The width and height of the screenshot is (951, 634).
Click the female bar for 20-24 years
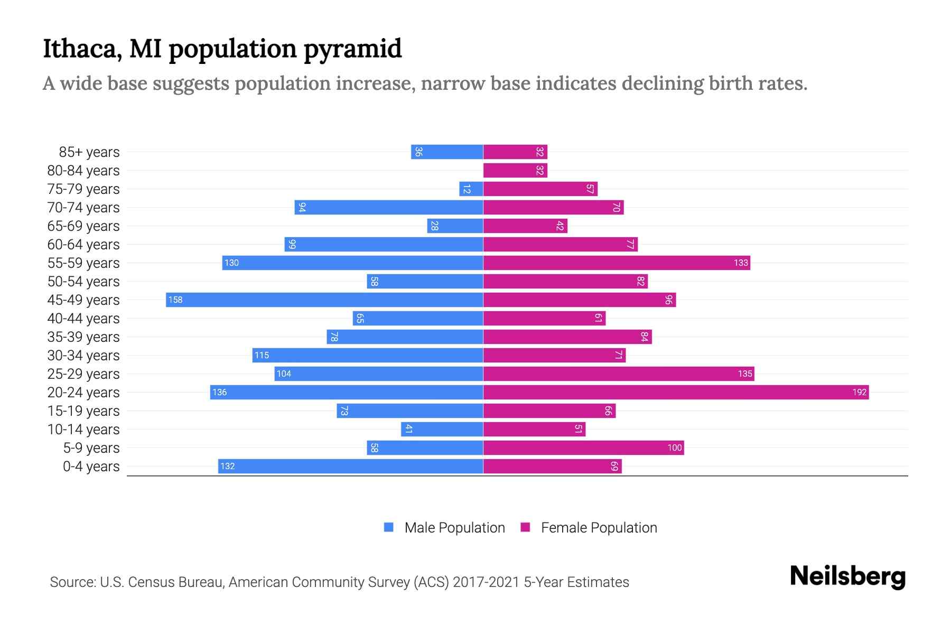pyautogui.click(x=676, y=392)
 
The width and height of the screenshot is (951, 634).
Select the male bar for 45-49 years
pyautogui.click(x=324, y=300)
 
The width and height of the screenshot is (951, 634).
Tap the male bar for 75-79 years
pyautogui.click(x=471, y=189)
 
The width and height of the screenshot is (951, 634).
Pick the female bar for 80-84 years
pyautogui.click(x=515, y=170)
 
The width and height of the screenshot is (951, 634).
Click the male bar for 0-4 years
pyautogui.click(x=350, y=466)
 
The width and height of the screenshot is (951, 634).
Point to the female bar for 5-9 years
pyautogui.click(x=583, y=447)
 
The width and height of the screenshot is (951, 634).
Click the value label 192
pyautogui.click(x=859, y=392)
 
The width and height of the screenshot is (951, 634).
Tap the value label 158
pyautogui.click(x=175, y=300)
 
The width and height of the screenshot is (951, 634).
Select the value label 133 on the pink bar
pyautogui.click(x=741, y=263)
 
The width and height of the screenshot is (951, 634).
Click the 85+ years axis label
pyautogui.click(x=89, y=152)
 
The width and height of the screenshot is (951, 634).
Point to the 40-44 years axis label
pyautogui.click(x=83, y=319)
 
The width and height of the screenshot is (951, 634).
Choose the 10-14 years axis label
pyautogui.click(x=83, y=430)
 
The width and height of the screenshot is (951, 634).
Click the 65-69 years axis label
pyautogui.click(x=83, y=226)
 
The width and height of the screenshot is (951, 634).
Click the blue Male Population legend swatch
pyautogui.click(x=389, y=527)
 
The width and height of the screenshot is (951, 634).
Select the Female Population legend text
pyautogui.click(x=599, y=527)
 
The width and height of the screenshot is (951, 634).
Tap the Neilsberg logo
pyautogui.click(x=847, y=576)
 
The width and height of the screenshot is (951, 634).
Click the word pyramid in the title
pyautogui.click(x=352, y=49)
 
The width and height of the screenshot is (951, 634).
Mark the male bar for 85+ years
pyautogui.click(x=447, y=152)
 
